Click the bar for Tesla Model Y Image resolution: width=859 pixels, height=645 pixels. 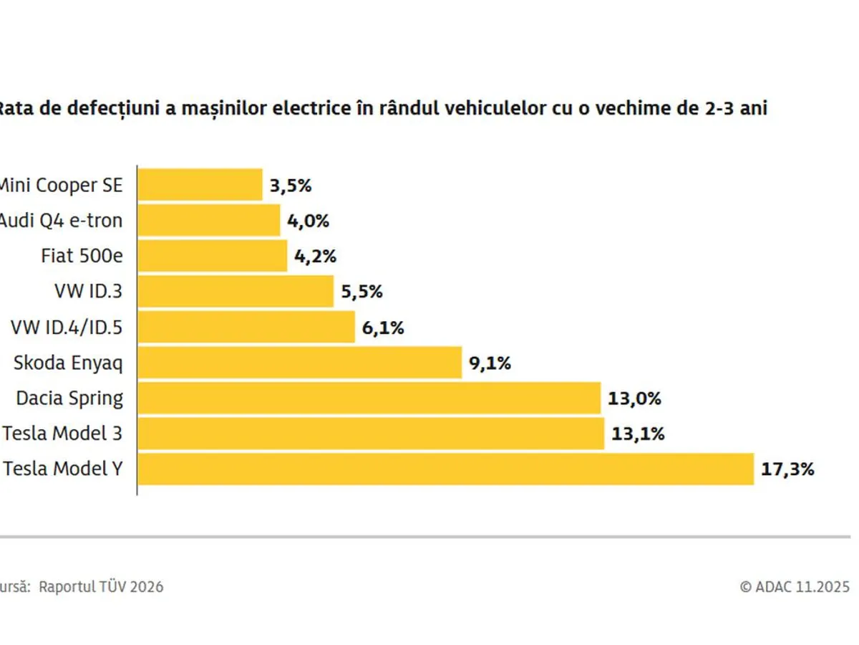[445, 469]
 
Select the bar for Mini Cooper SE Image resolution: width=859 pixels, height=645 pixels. [200, 185]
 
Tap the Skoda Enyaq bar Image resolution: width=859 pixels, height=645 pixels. [299, 363]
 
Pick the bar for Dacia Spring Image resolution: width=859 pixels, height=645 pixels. [369, 398]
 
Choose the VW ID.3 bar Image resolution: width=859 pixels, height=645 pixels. [236, 292]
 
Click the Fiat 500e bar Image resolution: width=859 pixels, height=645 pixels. [212, 256]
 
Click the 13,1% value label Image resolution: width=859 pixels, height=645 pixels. [638, 434]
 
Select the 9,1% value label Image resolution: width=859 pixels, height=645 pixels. [490, 363]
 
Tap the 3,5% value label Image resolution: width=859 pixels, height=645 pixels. [291, 186]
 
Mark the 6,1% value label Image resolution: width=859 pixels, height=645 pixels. [383, 328]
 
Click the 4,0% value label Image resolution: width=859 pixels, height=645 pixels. [308, 221]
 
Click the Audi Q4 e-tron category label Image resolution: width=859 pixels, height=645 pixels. [60, 221]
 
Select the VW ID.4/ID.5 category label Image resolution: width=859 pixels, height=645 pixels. [67, 328]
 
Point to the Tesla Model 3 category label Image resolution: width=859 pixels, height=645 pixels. [62, 434]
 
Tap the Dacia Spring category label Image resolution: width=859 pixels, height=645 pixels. [69, 398]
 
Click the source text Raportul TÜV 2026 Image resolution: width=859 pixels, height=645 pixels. [101, 586]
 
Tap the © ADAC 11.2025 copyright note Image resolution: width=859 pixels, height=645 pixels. [795, 586]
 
